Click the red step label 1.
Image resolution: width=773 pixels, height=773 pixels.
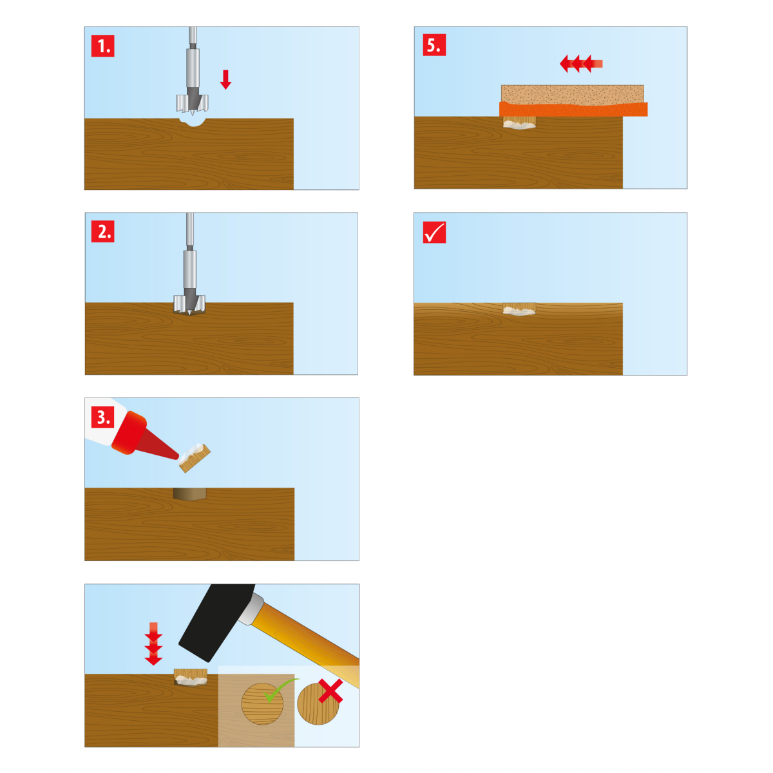(x=102, y=46)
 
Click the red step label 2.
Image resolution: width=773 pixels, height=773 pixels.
(x=102, y=231)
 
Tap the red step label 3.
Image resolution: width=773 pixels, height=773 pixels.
(x=102, y=417)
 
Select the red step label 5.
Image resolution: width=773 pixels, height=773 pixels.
(x=434, y=45)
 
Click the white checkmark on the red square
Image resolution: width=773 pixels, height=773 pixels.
(x=434, y=233)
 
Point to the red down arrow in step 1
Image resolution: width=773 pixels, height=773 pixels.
(x=225, y=79)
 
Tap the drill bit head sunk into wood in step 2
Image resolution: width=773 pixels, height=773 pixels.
(x=189, y=305)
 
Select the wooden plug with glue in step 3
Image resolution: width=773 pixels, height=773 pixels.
(x=195, y=458)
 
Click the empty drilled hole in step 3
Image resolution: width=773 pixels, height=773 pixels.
(x=190, y=494)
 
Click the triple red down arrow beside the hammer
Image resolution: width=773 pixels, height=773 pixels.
(x=153, y=644)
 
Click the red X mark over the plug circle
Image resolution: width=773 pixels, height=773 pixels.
(x=330, y=691)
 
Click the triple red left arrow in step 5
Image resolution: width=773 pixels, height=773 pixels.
(x=581, y=64)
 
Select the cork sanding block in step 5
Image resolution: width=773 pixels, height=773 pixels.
(x=573, y=95)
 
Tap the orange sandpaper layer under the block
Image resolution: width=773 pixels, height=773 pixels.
(x=573, y=110)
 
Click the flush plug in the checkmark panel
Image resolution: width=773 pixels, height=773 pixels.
(x=519, y=309)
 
